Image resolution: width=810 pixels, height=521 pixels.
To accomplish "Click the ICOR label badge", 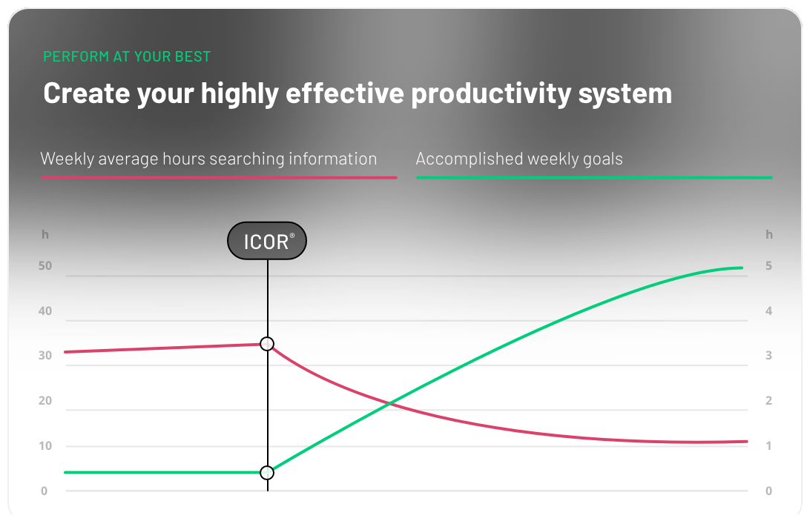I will tap(267, 241).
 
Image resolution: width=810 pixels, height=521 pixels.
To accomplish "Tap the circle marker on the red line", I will tap(267, 344).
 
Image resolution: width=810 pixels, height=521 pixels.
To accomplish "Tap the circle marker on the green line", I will tap(267, 473).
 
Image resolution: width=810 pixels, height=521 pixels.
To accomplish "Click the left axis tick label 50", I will tap(45, 266).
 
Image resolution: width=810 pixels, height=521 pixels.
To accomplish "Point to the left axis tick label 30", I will tap(45, 356).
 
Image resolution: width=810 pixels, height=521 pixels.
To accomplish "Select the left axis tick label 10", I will tap(45, 446).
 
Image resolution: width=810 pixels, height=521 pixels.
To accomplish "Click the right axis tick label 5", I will tap(769, 266).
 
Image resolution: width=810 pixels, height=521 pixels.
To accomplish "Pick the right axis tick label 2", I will tap(769, 401).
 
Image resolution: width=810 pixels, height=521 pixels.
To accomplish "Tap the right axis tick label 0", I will tap(769, 491).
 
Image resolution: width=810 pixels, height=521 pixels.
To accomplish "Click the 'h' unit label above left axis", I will tap(45, 234).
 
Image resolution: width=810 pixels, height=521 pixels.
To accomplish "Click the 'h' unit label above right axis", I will tap(769, 234).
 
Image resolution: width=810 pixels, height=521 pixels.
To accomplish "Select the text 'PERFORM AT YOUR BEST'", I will tap(127, 56).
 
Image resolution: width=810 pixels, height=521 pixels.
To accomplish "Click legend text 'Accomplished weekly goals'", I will tap(519, 159).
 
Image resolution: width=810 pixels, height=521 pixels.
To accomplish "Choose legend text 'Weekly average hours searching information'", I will tap(208, 159).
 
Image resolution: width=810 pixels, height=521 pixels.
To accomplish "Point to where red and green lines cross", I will tap(389, 403).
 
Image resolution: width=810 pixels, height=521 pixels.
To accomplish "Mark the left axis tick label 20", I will tap(45, 401).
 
